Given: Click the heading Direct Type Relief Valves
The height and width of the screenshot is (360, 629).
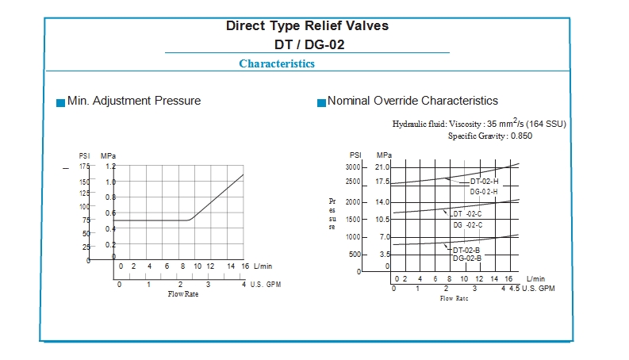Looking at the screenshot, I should [x=307, y=26].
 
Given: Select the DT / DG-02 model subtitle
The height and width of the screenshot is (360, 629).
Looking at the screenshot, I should [x=307, y=44].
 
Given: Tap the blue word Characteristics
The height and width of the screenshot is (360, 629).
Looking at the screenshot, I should [x=277, y=63].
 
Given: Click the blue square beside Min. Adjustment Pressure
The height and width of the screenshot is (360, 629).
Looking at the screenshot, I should [x=60, y=102].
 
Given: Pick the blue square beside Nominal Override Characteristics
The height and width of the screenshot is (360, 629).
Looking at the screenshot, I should [x=321, y=102].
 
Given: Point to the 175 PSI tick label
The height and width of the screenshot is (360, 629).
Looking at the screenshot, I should [x=84, y=167].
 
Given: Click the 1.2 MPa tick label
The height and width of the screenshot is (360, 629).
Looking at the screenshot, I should [x=110, y=167].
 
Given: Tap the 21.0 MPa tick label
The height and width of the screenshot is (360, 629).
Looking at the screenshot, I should [x=382, y=167].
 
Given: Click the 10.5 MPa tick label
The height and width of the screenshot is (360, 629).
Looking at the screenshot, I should [x=382, y=220].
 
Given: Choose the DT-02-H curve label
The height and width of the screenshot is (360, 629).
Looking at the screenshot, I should [x=484, y=182].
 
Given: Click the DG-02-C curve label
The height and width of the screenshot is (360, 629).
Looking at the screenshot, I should [x=467, y=225].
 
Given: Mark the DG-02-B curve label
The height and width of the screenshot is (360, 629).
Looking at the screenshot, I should [x=467, y=259].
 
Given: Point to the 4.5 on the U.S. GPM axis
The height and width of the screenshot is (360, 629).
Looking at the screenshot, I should [x=514, y=288].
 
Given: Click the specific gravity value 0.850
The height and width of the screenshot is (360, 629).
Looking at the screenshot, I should [x=521, y=136].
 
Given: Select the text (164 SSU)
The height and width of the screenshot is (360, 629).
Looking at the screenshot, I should [x=546, y=124].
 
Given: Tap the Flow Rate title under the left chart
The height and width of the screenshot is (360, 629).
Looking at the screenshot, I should [x=182, y=294].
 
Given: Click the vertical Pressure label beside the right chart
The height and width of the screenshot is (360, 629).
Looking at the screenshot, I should [x=332, y=214].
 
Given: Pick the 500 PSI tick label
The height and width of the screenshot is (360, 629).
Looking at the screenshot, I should [x=355, y=255].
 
